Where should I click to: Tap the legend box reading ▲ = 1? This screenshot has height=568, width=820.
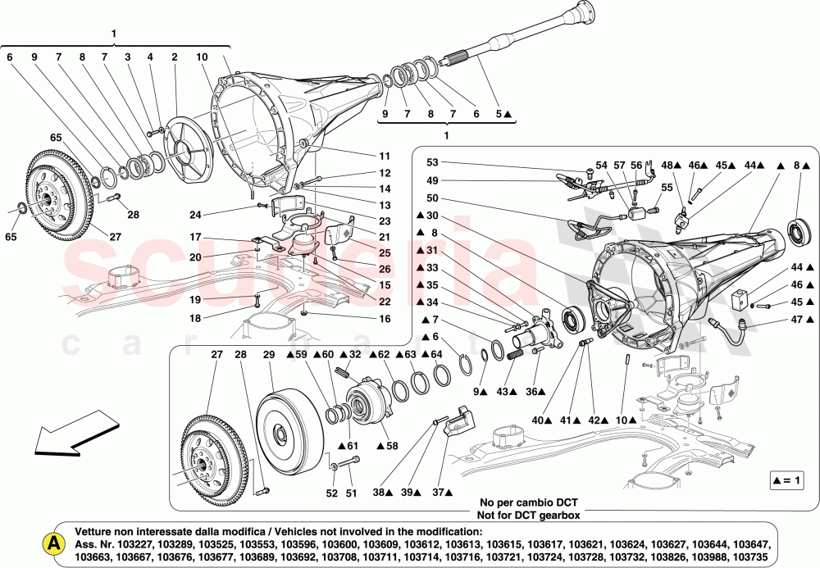coord(787,479)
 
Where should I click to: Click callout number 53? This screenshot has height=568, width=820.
coord(432,162)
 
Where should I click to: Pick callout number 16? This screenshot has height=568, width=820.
coord(385,318)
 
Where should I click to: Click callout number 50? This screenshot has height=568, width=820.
coord(432,199)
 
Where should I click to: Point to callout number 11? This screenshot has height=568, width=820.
coord(385,157)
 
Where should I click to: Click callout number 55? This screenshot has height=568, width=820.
coord(666,188)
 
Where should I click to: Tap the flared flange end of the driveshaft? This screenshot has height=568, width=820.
coord(584,11)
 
